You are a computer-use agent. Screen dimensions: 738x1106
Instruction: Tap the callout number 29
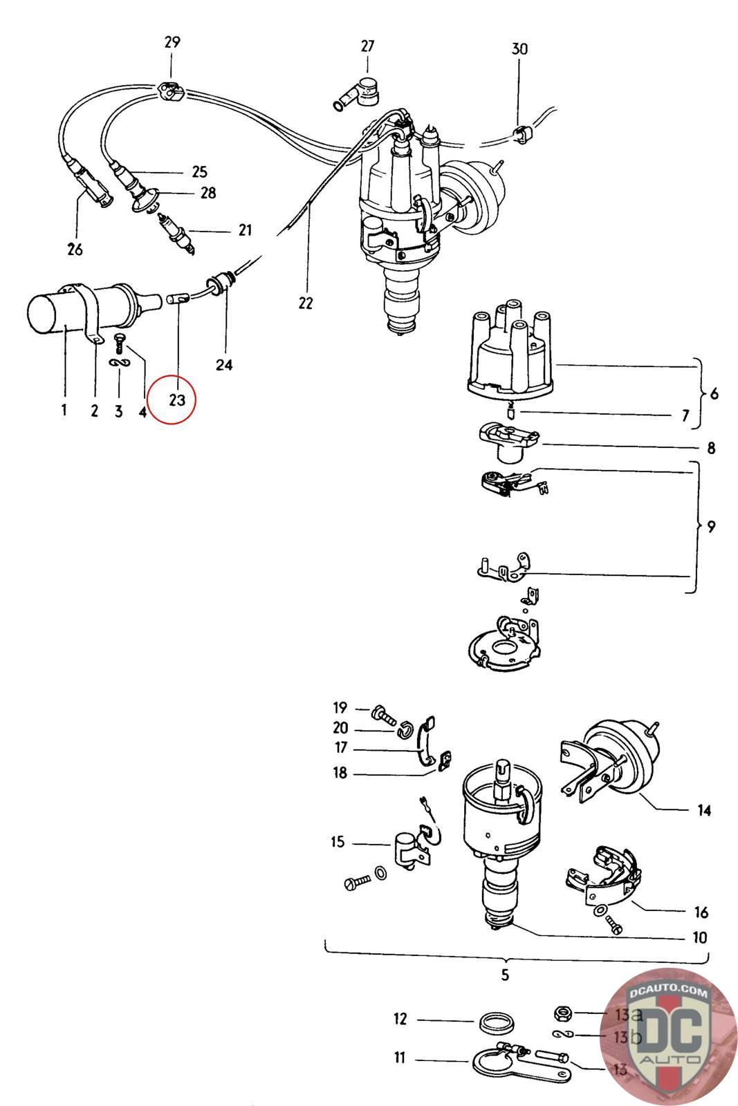pos(172,42)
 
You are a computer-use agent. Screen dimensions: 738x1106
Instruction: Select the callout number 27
pos(367,46)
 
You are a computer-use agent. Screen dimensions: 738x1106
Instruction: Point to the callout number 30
pos(519,48)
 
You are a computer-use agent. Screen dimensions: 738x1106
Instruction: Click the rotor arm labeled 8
pos(509,442)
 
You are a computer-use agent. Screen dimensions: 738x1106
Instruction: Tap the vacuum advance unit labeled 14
pos(613,760)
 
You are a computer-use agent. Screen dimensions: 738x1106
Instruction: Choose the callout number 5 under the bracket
pos(505,975)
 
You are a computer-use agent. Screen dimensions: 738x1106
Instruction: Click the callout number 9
pos(711,527)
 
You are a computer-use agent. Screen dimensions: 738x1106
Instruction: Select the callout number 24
pos(224,365)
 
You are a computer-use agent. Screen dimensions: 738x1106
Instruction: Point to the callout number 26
pos(75,250)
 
